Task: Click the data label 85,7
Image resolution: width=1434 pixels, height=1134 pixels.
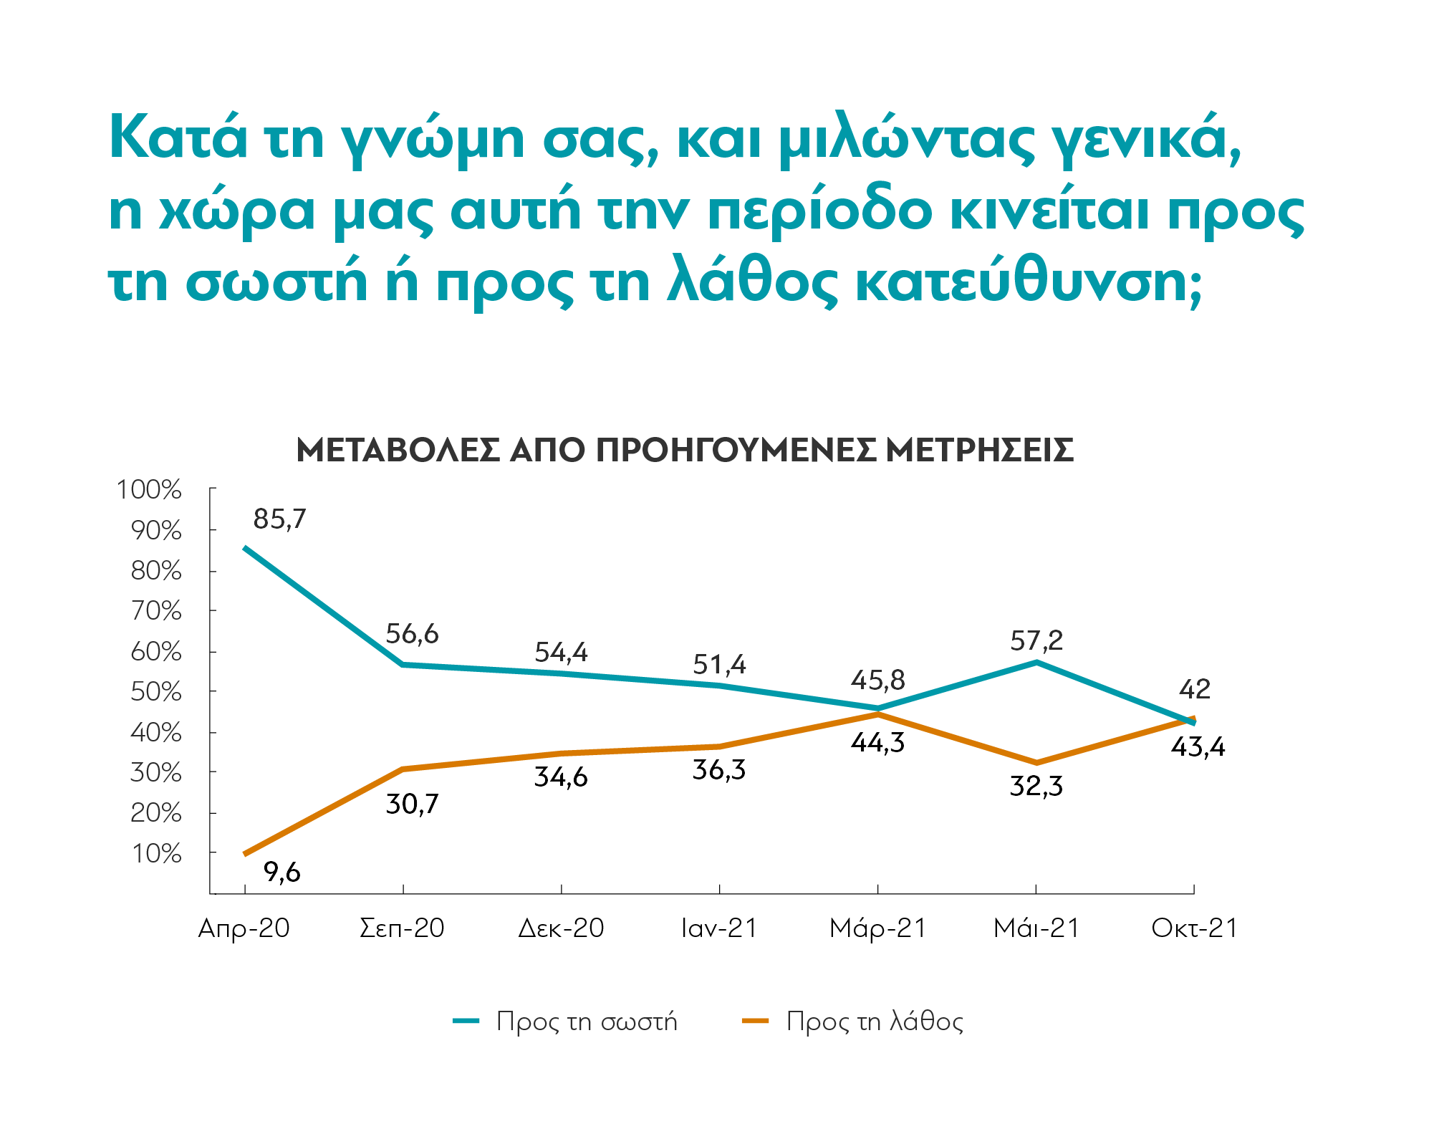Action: [x=279, y=519]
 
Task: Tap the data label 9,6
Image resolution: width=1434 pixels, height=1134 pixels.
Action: [x=282, y=872]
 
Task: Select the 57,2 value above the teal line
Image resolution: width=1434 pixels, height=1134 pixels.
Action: [x=1036, y=640]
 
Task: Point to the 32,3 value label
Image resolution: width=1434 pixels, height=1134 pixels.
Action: [x=1036, y=787]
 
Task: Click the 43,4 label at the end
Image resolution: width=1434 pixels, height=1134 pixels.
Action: [x=1198, y=747]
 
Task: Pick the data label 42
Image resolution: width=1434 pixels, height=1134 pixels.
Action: [x=1195, y=689]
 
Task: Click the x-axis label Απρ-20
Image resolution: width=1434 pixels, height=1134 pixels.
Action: [x=244, y=928]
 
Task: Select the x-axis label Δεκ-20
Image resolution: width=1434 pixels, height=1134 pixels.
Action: [x=561, y=928]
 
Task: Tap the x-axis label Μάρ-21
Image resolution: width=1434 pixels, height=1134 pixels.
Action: [x=877, y=928]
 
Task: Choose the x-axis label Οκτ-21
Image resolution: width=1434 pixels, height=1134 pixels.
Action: [x=1194, y=928]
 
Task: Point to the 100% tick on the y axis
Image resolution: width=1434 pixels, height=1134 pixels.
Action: [x=149, y=490]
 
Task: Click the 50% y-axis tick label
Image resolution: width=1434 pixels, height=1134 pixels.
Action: [x=155, y=692]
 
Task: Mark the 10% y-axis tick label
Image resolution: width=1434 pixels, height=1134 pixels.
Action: [x=155, y=854]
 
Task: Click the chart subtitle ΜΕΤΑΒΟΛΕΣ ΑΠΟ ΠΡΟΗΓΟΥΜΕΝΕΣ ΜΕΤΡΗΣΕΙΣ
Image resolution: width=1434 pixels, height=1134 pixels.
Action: [x=684, y=451]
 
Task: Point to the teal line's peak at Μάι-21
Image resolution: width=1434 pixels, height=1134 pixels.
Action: [x=1036, y=662]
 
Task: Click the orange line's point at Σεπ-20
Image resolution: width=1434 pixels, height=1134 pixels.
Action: [x=403, y=769]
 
